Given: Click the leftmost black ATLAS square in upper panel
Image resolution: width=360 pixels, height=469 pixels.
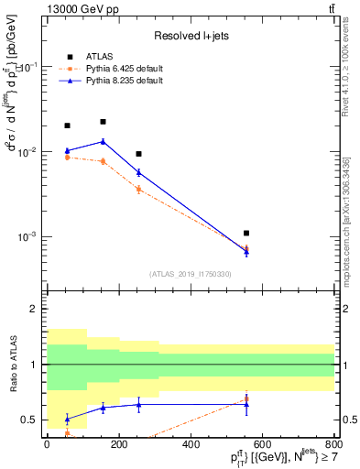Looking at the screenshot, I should tap(67, 125).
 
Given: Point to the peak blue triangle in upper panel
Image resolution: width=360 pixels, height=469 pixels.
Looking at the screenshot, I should tap(103, 141).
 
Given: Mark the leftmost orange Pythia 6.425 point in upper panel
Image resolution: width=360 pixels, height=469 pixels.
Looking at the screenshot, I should tap(67, 158).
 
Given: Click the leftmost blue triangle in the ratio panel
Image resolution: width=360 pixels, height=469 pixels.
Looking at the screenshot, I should tap(67, 419).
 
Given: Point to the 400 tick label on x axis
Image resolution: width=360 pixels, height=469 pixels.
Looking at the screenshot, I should tap(191, 444).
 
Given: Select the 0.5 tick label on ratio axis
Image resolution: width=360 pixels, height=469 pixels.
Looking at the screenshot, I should tap(31, 420).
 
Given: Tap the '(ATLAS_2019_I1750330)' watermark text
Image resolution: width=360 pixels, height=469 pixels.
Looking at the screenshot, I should tap(190, 274).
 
